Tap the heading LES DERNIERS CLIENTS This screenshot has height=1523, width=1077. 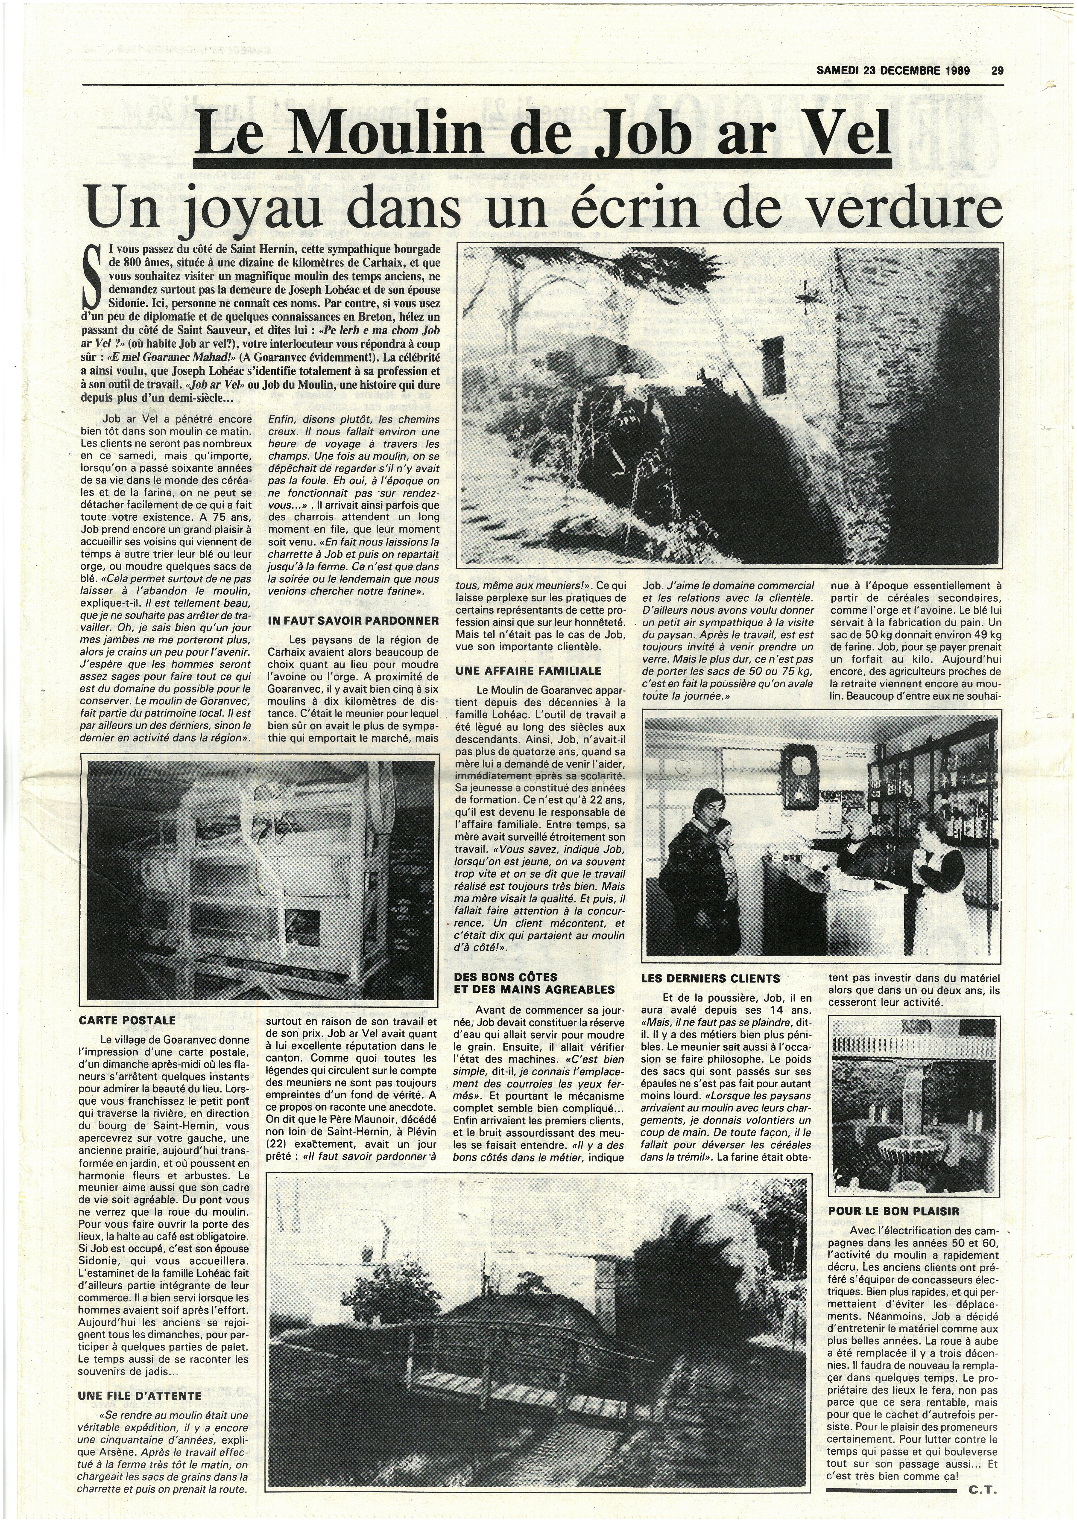711,978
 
